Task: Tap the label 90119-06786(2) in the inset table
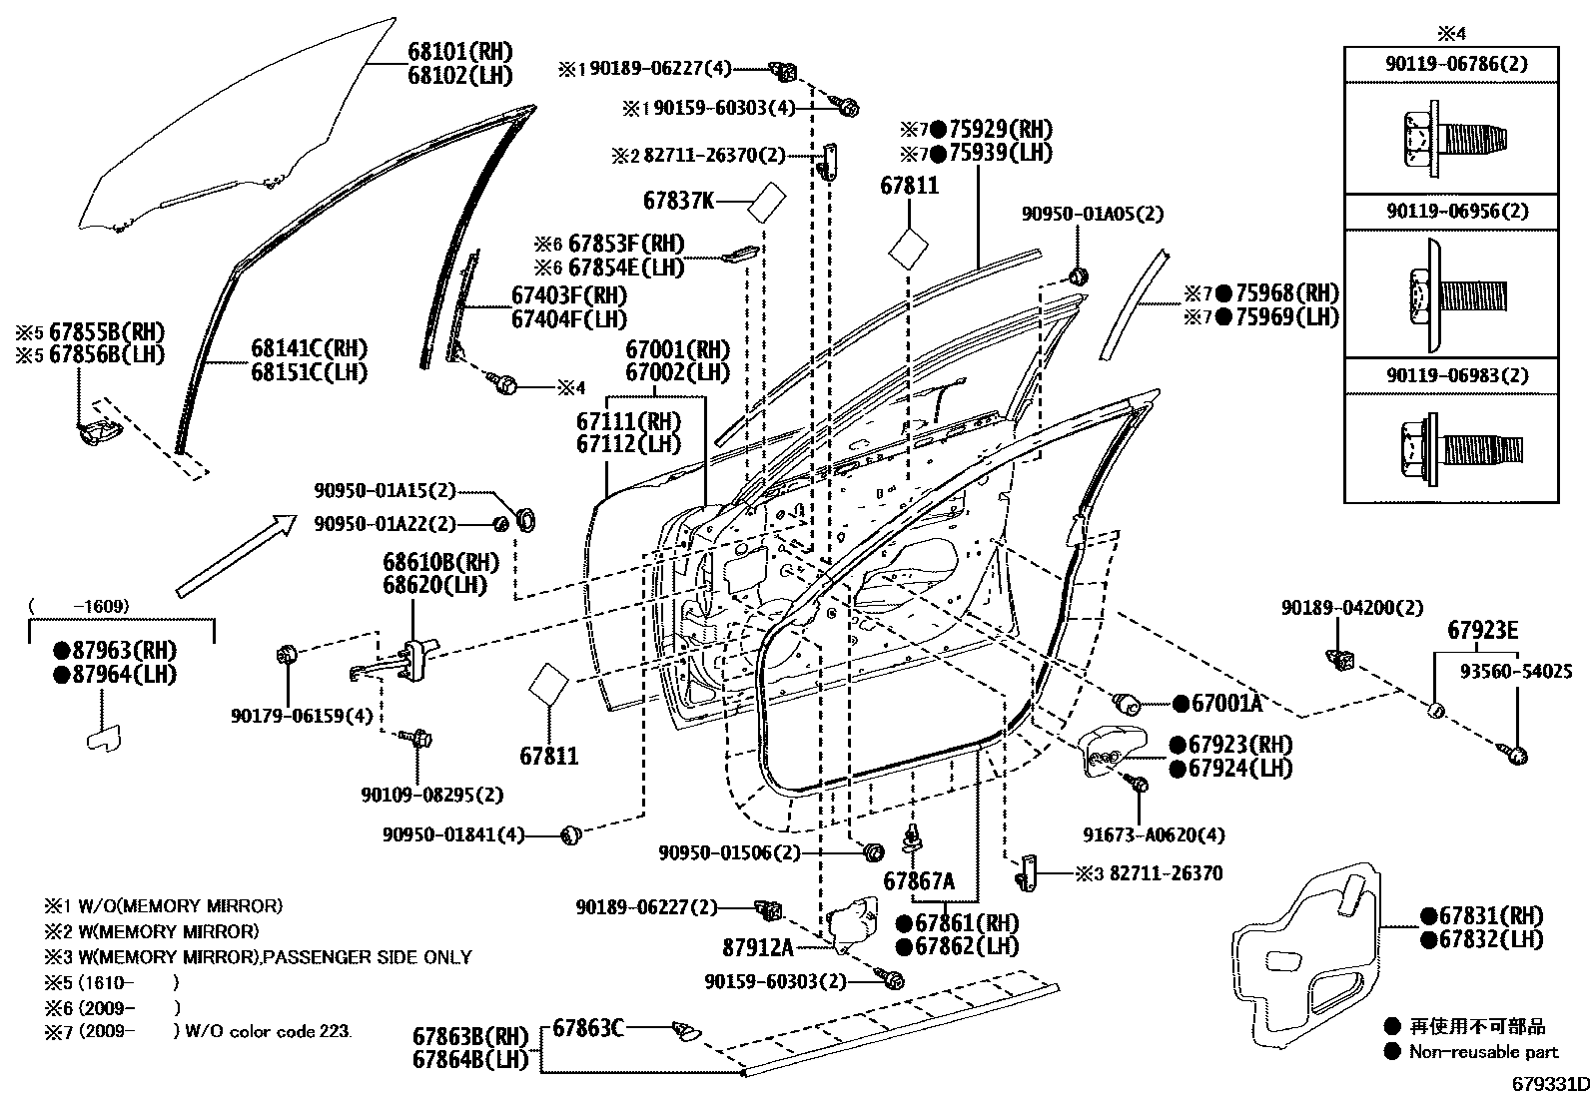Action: [1449, 63]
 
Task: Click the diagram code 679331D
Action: [1548, 1084]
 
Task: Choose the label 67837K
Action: [678, 200]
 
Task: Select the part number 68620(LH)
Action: [433, 585]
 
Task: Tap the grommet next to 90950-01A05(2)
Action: [1079, 275]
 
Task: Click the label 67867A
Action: [918, 881]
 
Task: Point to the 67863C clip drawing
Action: [687, 1028]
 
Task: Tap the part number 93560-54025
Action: [1515, 672]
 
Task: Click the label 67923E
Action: [1482, 630]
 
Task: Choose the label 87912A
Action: [757, 946]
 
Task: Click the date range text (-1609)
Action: [80, 606]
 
